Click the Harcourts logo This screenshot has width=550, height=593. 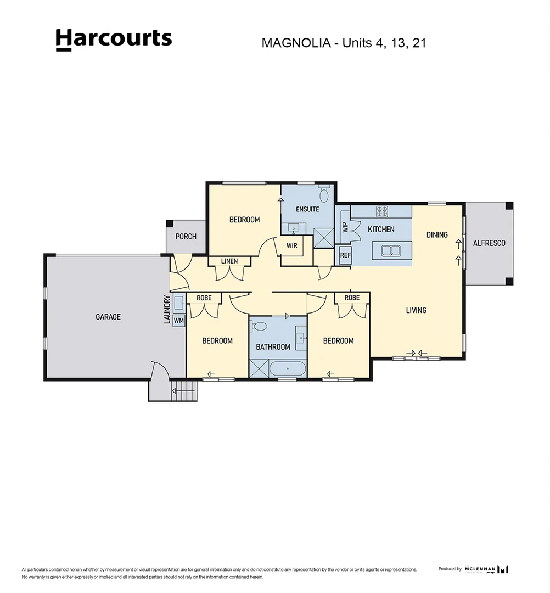(x=114, y=40)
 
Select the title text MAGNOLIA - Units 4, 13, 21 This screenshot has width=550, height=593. (x=344, y=43)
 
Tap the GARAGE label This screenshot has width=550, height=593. (x=108, y=317)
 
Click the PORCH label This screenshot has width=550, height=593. (x=186, y=237)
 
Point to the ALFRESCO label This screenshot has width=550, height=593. (x=489, y=243)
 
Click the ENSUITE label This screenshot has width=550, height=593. (x=307, y=209)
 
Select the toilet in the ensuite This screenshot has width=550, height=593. (x=324, y=194)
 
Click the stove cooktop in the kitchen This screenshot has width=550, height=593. (x=382, y=211)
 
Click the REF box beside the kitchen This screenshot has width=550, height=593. (x=345, y=255)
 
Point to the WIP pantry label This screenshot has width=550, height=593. (x=345, y=227)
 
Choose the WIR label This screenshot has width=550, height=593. (x=291, y=245)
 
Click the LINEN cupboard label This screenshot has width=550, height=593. (x=229, y=261)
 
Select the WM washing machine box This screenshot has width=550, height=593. (x=179, y=320)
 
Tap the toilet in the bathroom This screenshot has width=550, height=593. (x=259, y=327)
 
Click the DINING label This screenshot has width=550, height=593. (x=437, y=234)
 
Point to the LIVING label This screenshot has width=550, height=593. (x=416, y=310)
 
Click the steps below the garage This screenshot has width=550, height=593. (x=184, y=391)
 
